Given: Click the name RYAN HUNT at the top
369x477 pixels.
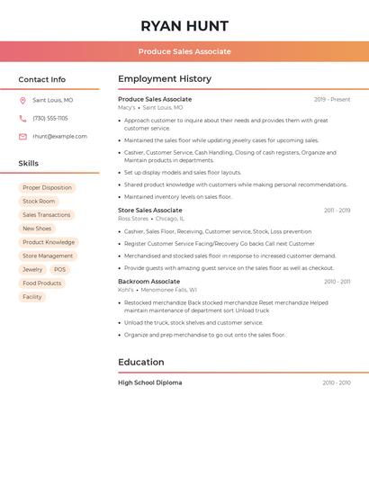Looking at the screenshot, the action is click(x=184, y=26).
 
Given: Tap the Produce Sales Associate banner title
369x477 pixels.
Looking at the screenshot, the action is click(x=184, y=51).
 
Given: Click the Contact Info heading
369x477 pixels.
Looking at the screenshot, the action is click(x=41, y=79).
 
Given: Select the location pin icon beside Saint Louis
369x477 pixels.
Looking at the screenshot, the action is click(x=22, y=100).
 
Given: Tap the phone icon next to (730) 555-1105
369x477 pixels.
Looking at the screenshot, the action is click(x=22, y=118).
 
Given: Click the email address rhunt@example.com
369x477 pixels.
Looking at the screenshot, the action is click(x=59, y=136).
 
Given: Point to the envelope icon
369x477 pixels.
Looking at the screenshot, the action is click(x=22, y=136).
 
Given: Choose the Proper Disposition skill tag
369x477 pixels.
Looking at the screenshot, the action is click(x=47, y=188).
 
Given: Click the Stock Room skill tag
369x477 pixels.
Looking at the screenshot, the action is click(x=39, y=202).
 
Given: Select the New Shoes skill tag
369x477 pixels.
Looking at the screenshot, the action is click(x=37, y=229).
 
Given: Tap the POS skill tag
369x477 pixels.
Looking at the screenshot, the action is click(x=59, y=269).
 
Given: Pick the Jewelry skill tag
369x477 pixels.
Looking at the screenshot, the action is click(x=32, y=269).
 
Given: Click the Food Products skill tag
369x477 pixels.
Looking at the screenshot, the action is click(x=42, y=283).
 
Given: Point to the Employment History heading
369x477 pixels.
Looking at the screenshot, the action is click(x=165, y=79).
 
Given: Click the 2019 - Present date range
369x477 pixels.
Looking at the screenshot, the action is click(x=332, y=99).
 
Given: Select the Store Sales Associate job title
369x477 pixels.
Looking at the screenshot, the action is click(x=149, y=210).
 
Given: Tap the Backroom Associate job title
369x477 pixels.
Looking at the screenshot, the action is click(x=148, y=282).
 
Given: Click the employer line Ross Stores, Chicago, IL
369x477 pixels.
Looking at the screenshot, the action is click(x=151, y=218).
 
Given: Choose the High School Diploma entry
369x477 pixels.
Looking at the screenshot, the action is click(x=149, y=382).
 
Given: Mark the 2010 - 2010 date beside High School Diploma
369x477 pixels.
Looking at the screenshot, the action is click(x=337, y=382).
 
